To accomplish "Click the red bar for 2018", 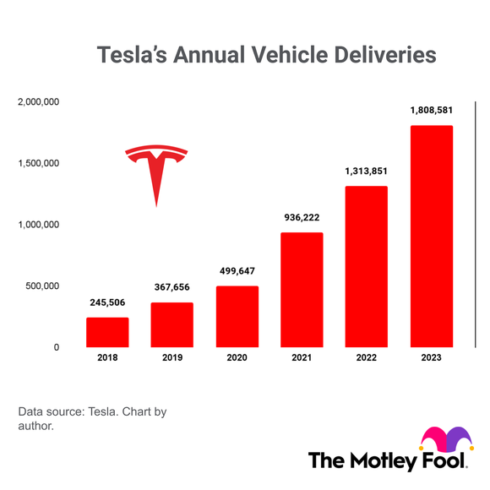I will [107, 332].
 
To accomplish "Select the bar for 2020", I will [237, 317].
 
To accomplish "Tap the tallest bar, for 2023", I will [431, 237].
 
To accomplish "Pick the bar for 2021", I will [302, 290].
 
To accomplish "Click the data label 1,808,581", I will [431, 110].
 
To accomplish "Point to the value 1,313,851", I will [366, 171].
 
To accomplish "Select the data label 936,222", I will [302, 217].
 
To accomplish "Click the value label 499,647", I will [237, 271].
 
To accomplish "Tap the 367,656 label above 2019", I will [172, 287].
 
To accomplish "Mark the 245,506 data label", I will [107, 302].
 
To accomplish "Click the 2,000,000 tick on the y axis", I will [38, 102].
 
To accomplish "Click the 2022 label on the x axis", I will [366, 358].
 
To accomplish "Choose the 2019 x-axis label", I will [172, 358].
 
